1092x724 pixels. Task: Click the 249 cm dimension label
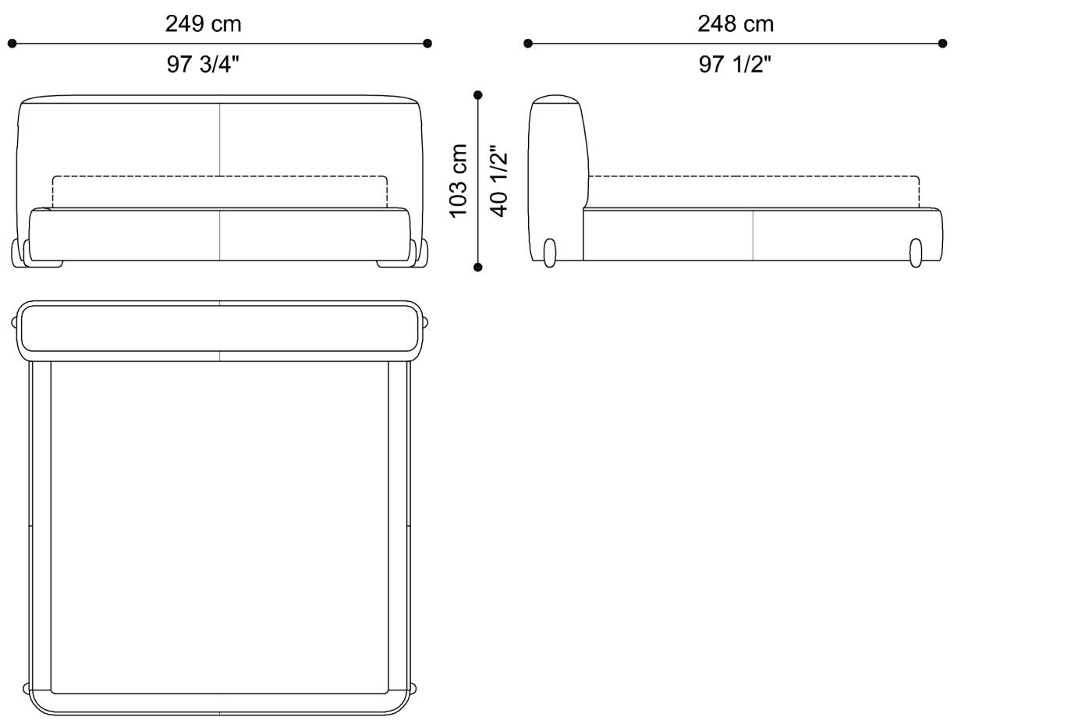(203, 24)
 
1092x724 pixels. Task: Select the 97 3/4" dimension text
(203, 64)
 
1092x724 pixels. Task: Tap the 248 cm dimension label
(736, 24)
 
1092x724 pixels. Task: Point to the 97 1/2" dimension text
(735, 64)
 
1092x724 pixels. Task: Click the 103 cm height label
(459, 181)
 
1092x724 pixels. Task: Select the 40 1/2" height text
(498, 181)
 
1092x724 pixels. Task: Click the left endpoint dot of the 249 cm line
(12, 44)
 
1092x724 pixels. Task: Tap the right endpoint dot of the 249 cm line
(427, 44)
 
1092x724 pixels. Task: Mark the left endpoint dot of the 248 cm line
(528, 44)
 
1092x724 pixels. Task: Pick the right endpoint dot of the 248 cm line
(942, 44)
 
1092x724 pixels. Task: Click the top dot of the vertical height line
(478, 95)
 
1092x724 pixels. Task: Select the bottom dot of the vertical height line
(478, 267)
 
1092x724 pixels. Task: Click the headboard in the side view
(557, 156)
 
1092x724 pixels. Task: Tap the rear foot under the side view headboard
(550, 254)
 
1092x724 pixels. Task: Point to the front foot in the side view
(915, 254)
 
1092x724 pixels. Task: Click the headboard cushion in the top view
(219, 328)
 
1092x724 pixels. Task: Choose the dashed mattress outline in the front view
(219, 177)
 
